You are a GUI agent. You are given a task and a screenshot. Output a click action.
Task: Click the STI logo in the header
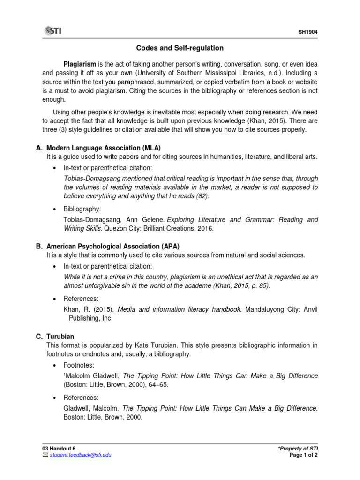tap(52, 31)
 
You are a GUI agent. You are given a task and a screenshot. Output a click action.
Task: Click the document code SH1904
tap(308, 32)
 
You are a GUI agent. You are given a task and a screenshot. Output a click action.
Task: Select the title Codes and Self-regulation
tap(180, 48)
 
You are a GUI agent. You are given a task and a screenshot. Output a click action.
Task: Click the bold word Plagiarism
tap(80, 64)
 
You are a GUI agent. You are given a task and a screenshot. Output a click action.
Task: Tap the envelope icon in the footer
tap(45, 455)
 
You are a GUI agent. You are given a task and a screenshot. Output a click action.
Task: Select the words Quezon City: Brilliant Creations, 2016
tap(158, 229)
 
